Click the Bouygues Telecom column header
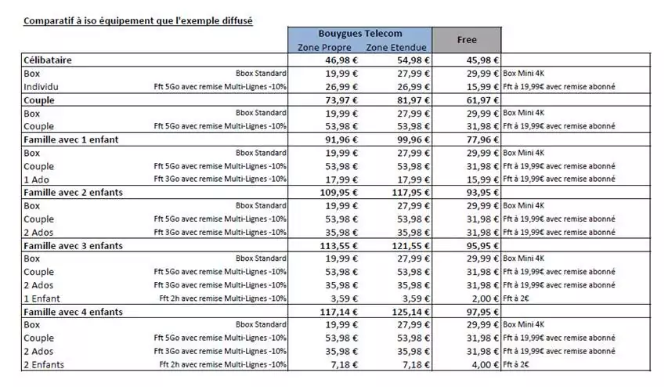pos(359,34)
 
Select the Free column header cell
pos(466,39)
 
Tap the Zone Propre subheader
pos(324,48)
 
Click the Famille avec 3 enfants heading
pos(77,245)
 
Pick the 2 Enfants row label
pos(45,364)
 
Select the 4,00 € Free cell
pos(484,364)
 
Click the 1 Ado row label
pos(37,179)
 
